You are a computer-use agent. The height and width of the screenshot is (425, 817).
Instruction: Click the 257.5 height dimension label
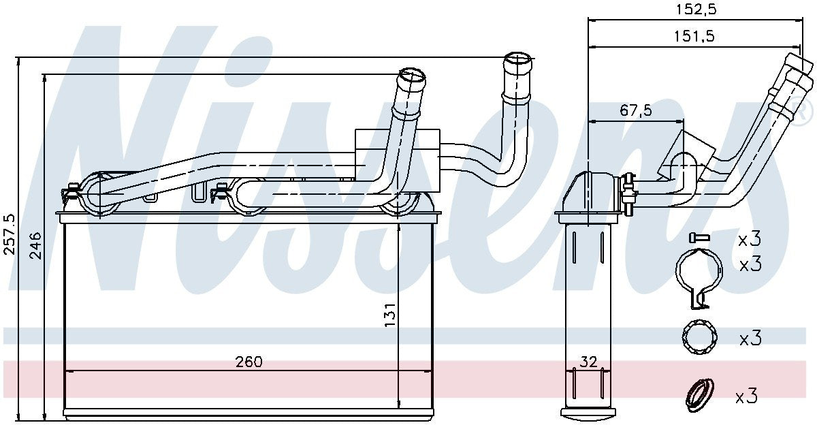coord(9,234)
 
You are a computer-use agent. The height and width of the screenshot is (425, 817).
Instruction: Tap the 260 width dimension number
coord(249,361)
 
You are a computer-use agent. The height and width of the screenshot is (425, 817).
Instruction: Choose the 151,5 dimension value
coord(694,37)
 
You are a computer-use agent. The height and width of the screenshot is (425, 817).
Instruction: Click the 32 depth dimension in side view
coord(588,362)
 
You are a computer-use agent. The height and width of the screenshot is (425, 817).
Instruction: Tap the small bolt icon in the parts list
coord(698,238)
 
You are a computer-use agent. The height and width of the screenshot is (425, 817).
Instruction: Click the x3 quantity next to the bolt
coord(749,239)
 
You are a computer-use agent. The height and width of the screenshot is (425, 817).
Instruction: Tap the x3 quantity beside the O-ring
coord(746,396)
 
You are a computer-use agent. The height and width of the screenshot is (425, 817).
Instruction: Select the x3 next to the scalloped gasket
coord(749,338)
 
